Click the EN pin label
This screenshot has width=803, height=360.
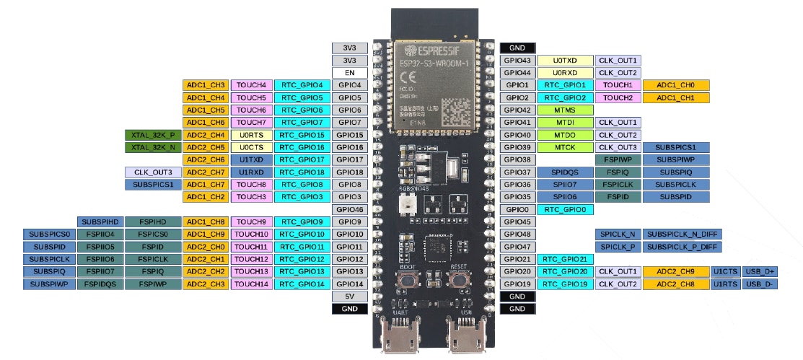point(350,73)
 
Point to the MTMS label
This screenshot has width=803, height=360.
point(565,110)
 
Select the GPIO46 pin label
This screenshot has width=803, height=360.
point(350,209)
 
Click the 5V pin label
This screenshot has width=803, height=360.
point(350,297)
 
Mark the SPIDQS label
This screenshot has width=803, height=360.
point(565,172)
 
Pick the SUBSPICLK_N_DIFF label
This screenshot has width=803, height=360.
point(683,234)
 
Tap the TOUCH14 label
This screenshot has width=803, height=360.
point(251,284)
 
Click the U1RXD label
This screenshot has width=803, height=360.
point(251,172)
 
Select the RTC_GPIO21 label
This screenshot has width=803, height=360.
point(565,259)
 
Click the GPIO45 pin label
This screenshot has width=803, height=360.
point(517,222)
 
